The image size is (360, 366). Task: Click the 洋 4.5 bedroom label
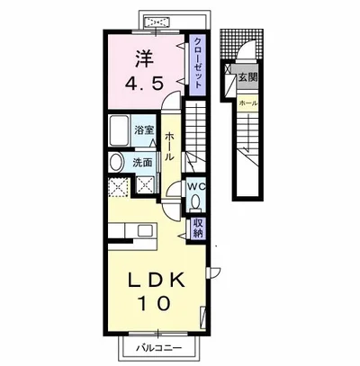click(x=145, y=71)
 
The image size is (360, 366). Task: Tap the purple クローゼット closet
click(x=197, y=66)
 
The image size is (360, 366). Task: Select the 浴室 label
click(x=144, y=130)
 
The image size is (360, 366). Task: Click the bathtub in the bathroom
click(x=119, y=130)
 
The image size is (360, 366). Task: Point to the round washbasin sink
click(x=117, y=163)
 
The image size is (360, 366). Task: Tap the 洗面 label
click(x=142, y=163)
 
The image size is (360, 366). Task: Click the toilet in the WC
click(x=196, y=201)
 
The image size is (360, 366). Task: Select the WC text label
click(x=196, y=186)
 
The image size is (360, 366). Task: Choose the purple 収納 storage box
click(x=198, y=228)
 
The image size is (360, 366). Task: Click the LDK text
click(x=157, y=281)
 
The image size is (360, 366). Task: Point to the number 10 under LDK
click(x=155, y=303)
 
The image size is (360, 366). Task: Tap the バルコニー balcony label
click(x=159, y=348)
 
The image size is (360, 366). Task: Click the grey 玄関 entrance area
click(x=245, y=77)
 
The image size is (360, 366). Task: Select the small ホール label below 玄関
click(x=247, y=103)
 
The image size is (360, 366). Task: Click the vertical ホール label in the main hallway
click(x=170, y=147)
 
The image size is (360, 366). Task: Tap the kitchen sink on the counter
click(x=146, y=231)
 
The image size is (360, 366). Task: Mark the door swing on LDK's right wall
click(x=214, y=272)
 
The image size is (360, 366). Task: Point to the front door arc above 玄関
click(x=246, y=49)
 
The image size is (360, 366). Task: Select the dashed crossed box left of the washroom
click(x=119, y=187)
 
